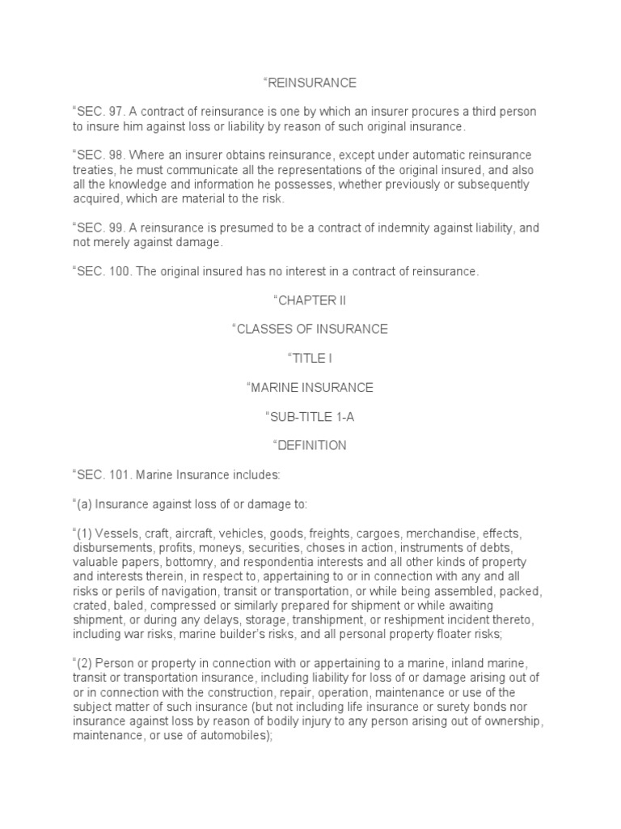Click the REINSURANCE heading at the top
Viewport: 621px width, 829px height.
click(310, 83)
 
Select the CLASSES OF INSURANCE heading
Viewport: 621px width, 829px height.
click(310, 329)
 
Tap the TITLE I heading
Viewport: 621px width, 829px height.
click(310, 359)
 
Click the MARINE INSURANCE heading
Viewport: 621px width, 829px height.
click(310, 388)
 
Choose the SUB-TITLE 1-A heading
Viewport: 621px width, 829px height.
click(310, 417)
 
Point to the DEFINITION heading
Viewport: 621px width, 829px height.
click(310, 445)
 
